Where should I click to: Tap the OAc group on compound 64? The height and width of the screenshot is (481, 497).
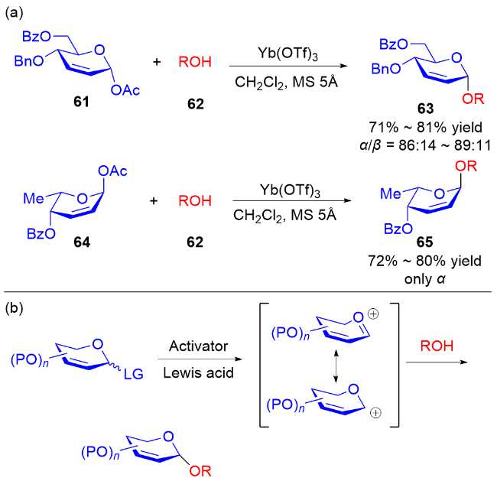[x=115, y=172]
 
